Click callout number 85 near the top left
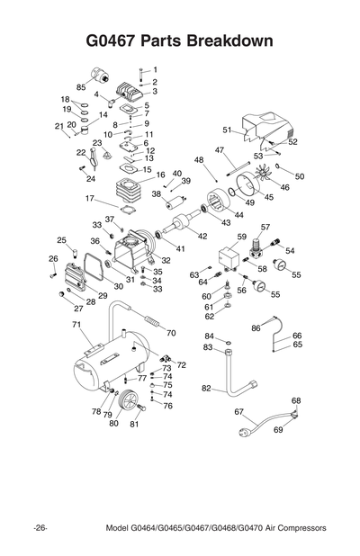[x=80, y=86]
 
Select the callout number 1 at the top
[x=154, y=69]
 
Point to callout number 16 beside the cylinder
[x=160, y=175]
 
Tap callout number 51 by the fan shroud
[x=228, y=130]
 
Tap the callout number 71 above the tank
[x=76, y=324]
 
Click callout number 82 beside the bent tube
[x=206, y=389]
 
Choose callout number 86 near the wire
[x=256, y=328]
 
